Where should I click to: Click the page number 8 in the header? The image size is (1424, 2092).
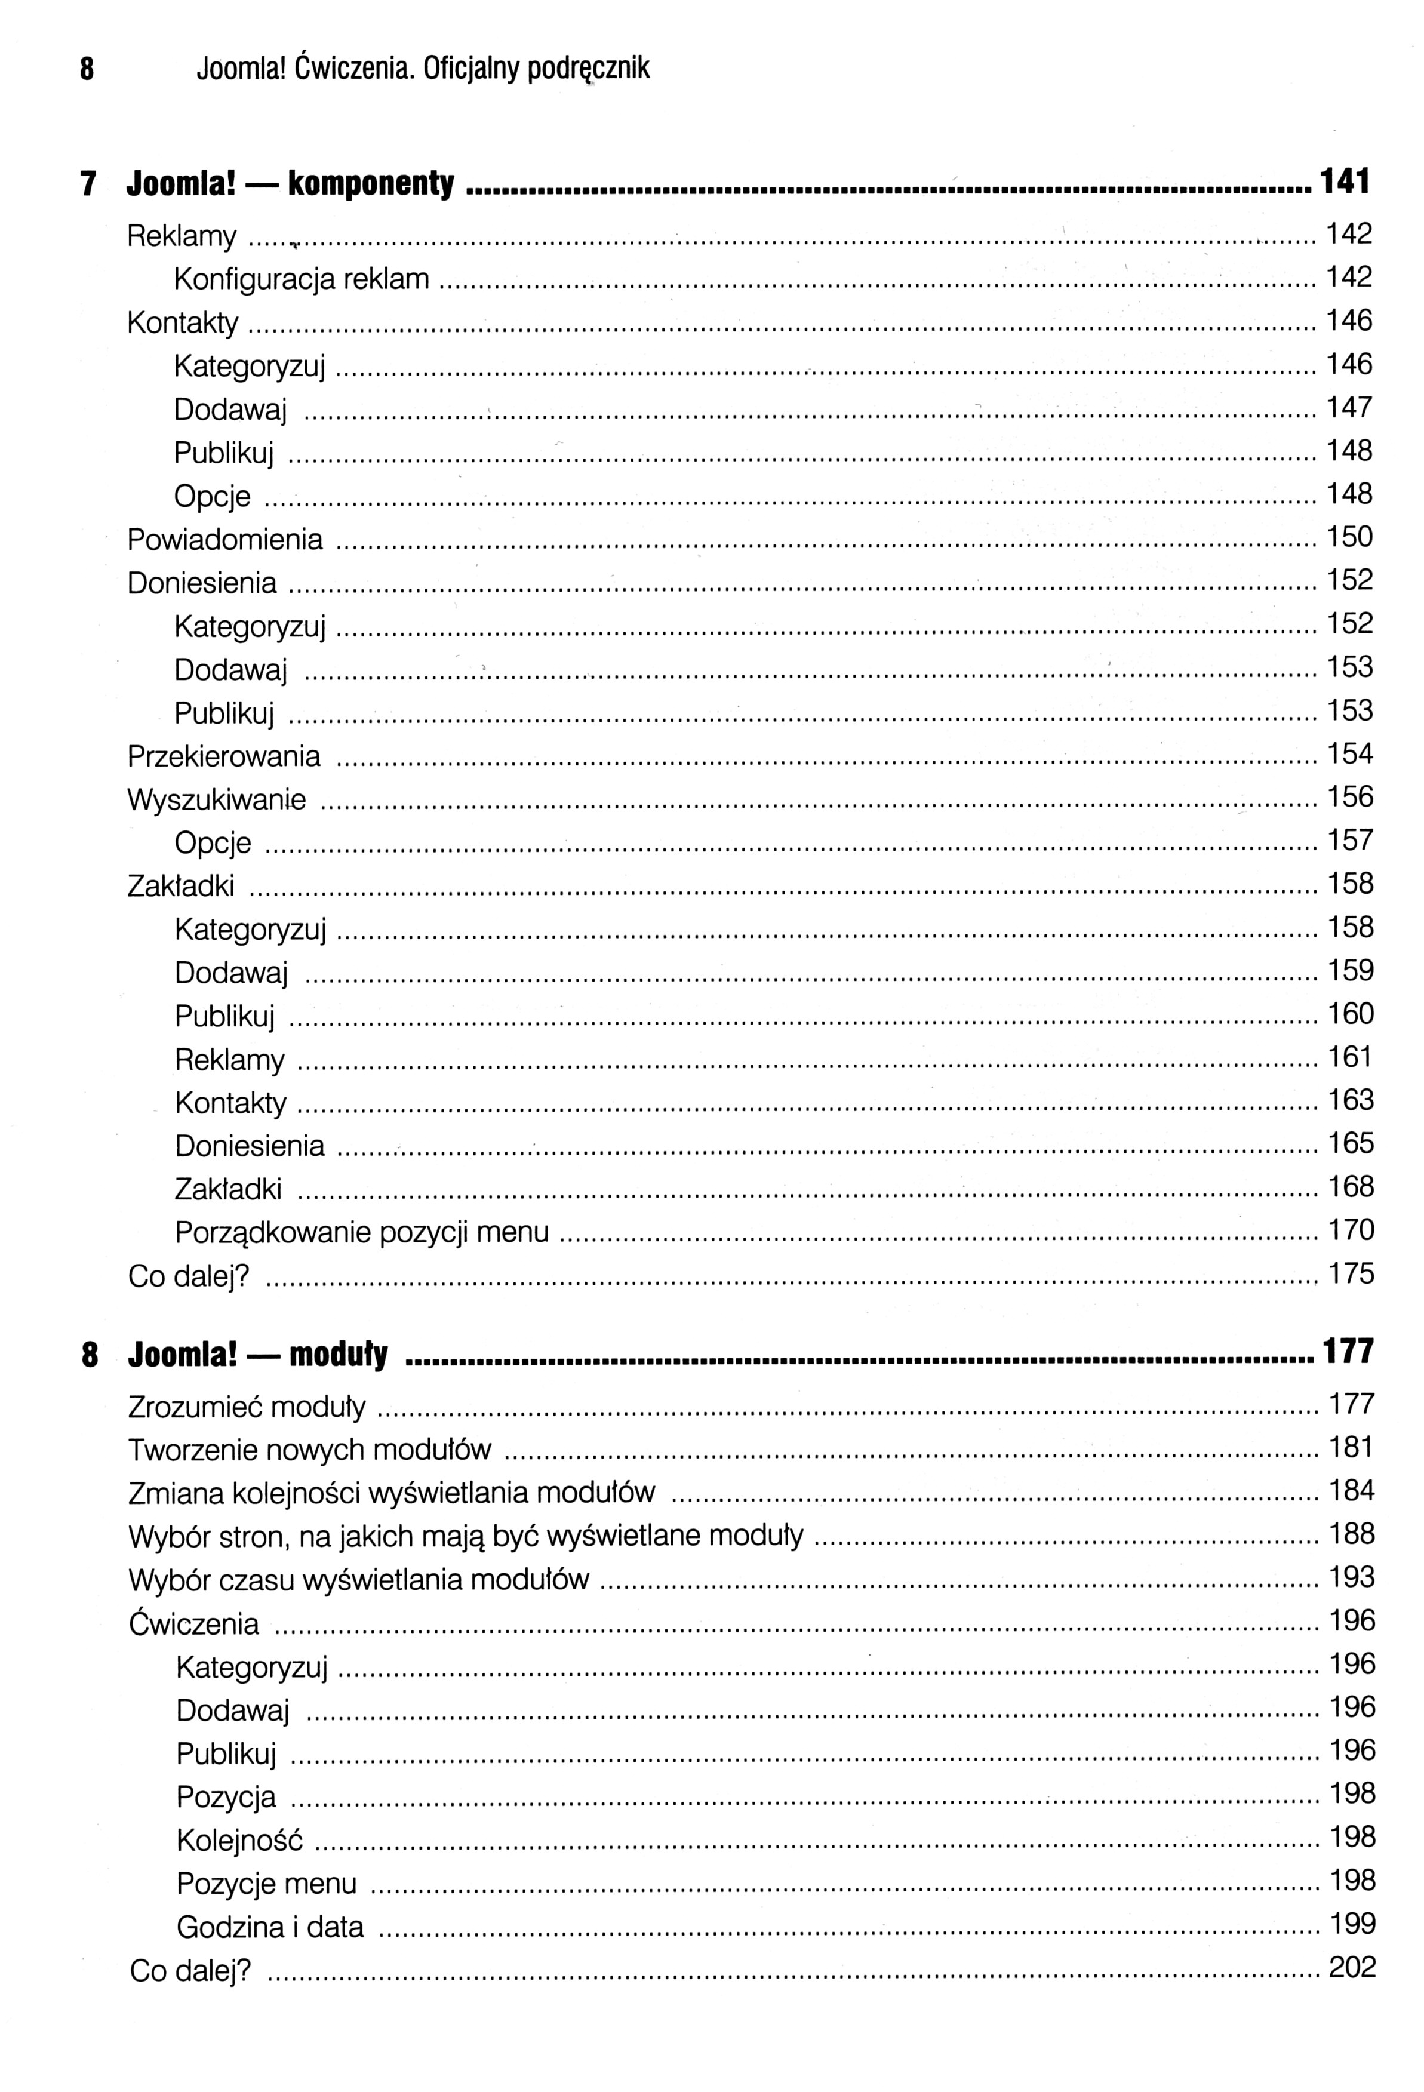coord(87,69)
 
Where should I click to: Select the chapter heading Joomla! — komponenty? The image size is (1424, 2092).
coord(290,184)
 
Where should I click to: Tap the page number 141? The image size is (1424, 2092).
coord(1344,182)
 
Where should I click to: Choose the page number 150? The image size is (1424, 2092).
coord(1349,537)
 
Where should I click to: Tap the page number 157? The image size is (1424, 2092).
coord(1350,841)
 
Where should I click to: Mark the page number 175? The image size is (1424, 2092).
coord(1351,1273)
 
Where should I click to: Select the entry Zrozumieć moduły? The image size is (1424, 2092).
coord(247,1407)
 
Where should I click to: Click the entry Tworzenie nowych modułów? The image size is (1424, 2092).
coord(310,1450)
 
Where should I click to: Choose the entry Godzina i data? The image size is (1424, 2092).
coord(270,1927)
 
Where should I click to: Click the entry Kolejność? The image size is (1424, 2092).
coord(239,1841)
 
